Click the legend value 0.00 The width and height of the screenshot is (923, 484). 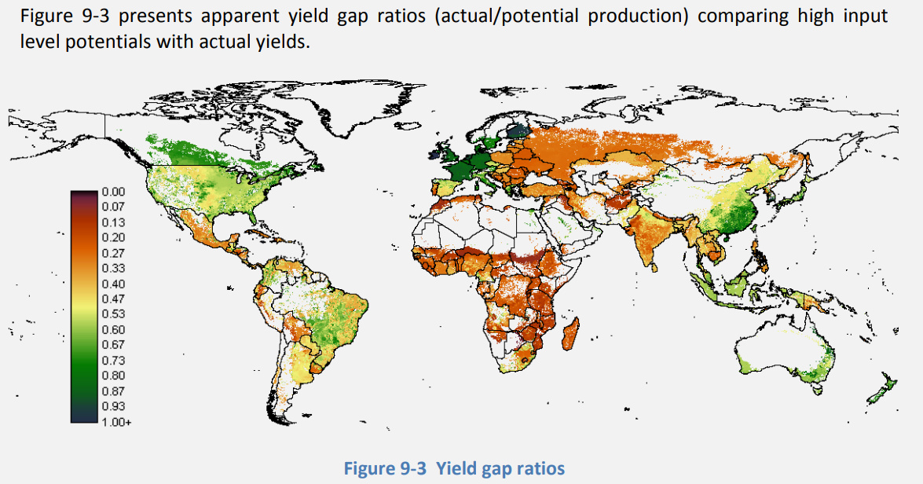click(114, 191)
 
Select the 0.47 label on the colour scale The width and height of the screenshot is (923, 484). click(114, 299)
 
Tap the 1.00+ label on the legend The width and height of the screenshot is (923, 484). click(116, 422)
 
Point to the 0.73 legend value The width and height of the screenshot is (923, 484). click(114, 360)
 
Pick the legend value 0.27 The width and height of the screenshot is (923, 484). click(114, 252)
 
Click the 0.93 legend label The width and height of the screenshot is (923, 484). click(114, 406)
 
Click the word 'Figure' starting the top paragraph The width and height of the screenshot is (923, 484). click(46, 16)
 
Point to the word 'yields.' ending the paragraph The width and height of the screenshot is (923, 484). click(284, 41)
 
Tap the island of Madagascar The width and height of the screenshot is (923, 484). click(572, 335)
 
